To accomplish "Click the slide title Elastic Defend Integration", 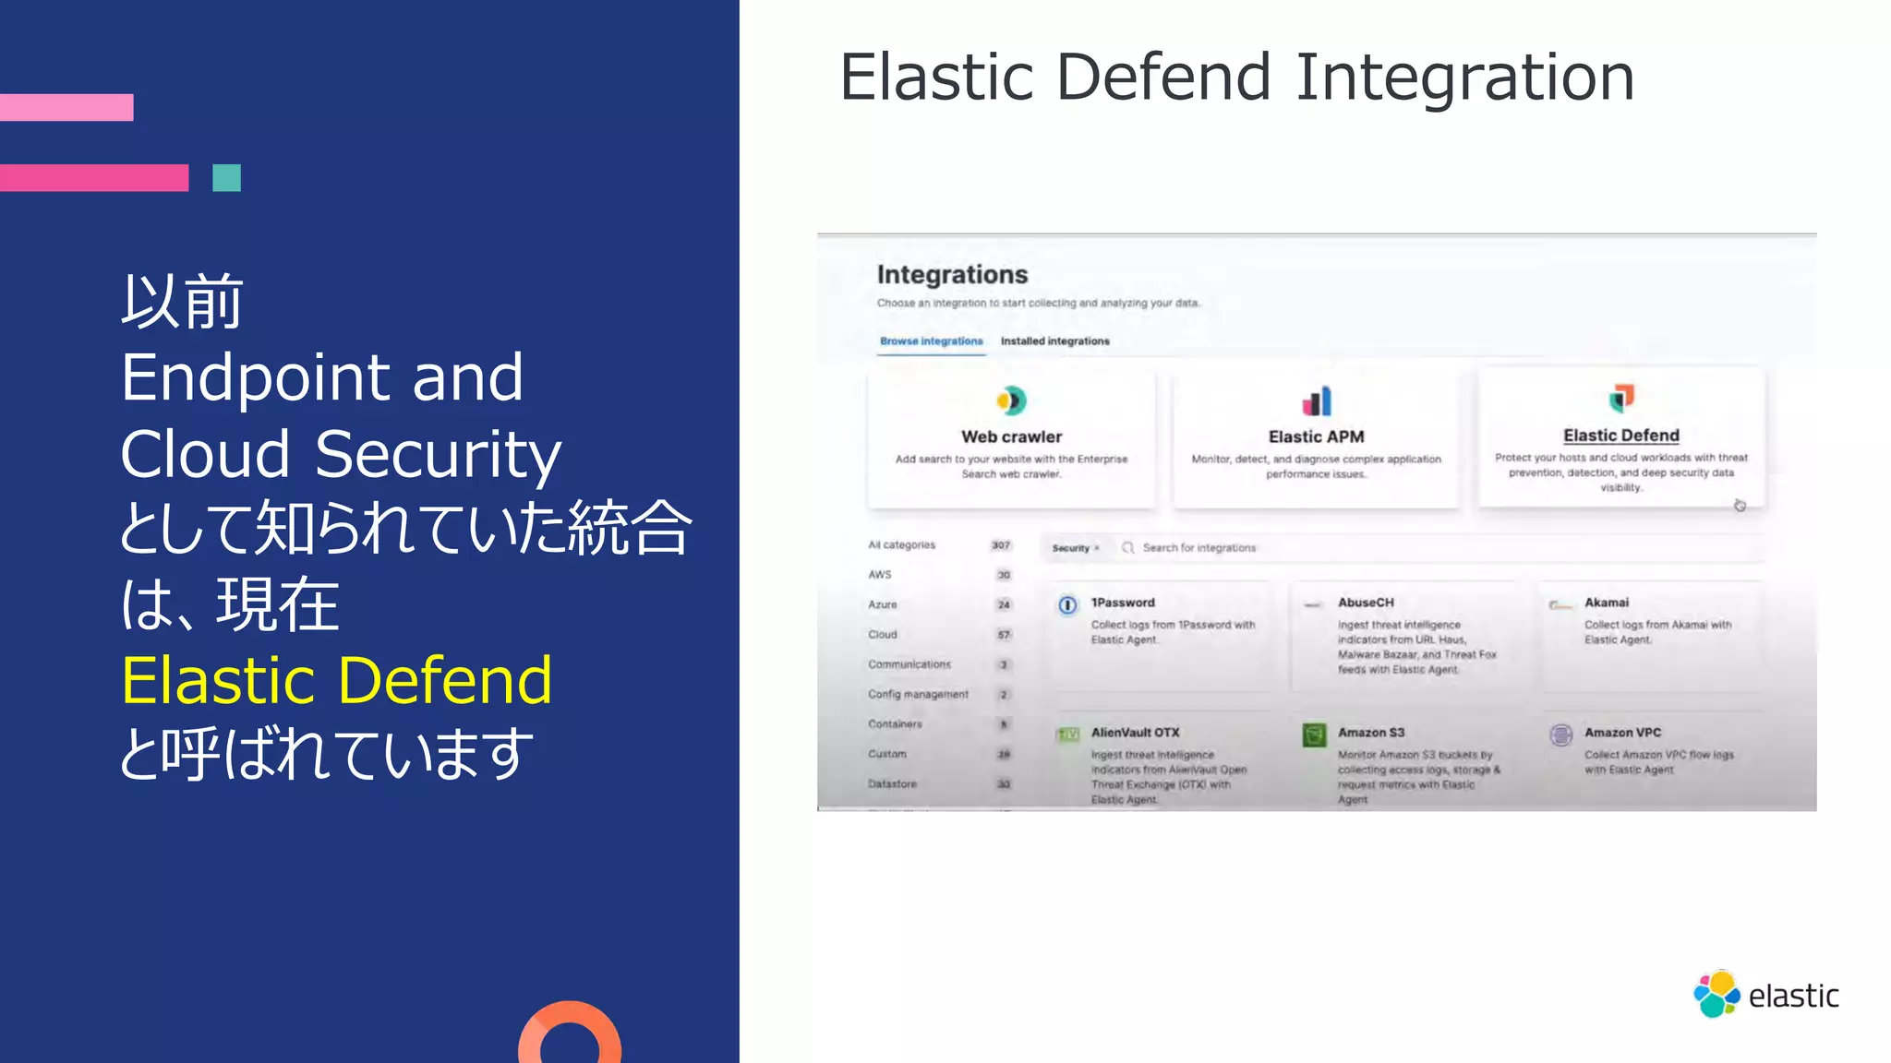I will [1236, 78].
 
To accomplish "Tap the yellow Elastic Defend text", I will [337, 681].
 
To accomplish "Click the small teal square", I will [226, 177].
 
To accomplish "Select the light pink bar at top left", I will [66, 107].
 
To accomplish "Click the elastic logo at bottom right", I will [1765, 995].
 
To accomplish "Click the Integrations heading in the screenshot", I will [952, 274].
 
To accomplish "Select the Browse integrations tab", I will [931, 341].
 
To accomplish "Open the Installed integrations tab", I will [1054, 341].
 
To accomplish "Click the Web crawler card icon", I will [1011, 400].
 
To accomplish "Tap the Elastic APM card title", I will [1316, 436].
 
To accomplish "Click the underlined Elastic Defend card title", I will [1620, 436].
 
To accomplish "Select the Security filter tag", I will [1074, 548].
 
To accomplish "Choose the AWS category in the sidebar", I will [879, 574].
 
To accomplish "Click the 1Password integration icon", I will [1067, 605].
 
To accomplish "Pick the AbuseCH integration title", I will [1366, 603].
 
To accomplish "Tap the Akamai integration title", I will [1607, 603].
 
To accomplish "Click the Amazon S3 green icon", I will [1314, 735].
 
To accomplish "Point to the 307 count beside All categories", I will [1001, 545].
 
